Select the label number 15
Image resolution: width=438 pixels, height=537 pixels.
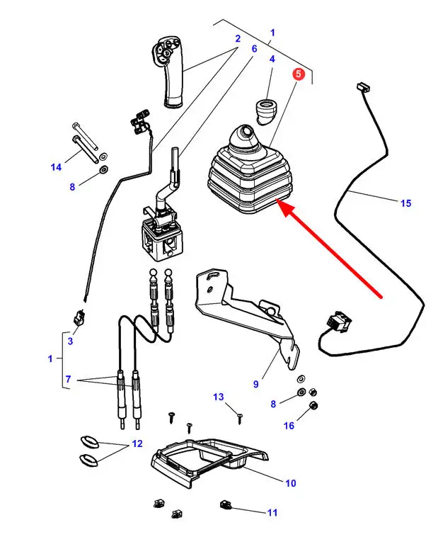pos(405,203)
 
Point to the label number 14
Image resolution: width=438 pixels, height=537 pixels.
pos(56,167)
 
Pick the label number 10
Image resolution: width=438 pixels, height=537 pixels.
pos(290,483)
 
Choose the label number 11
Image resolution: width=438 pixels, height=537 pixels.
pos(272,512)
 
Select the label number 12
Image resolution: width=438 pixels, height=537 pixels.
pos(137,444)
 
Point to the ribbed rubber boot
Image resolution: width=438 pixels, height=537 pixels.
pos(247,174)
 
